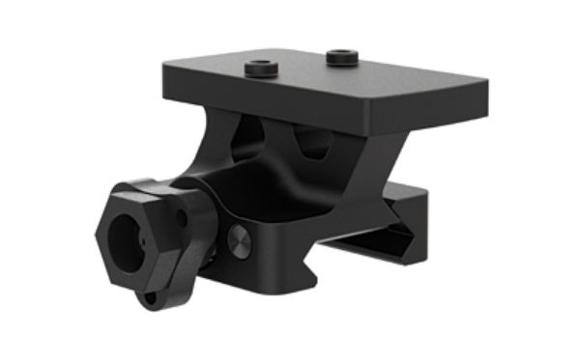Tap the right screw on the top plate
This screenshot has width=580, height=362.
tap(340, 58)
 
